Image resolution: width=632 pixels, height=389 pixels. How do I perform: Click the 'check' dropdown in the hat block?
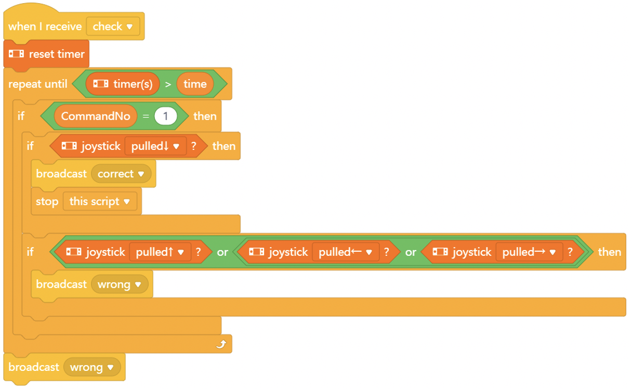(113, 27)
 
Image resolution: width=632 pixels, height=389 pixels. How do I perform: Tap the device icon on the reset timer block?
(16, 54)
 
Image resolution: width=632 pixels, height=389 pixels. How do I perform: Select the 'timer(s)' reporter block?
(123, 84)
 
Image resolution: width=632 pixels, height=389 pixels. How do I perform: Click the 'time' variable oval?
(195, 84)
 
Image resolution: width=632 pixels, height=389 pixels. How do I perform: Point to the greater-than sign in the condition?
(168, 84)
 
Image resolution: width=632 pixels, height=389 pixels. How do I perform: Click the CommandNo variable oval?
(95, 116)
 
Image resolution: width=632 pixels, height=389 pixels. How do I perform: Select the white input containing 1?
(166, 116)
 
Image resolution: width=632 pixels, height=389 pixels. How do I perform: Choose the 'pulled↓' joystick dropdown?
(155, 146)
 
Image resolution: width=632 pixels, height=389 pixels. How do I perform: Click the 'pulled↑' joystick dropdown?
(160, 252)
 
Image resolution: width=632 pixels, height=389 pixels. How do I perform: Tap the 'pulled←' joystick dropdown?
(346, 252)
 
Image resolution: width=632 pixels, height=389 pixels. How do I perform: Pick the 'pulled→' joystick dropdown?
(529, 252)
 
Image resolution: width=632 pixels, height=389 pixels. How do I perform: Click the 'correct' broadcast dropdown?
(121, 174)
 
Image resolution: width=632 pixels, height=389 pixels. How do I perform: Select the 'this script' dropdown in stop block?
(100, 201)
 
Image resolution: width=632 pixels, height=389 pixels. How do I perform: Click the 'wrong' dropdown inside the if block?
(120, 284)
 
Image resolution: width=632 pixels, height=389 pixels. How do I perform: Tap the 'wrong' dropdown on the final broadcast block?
(92, 367)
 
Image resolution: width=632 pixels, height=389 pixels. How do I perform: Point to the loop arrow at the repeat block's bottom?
(221, 344)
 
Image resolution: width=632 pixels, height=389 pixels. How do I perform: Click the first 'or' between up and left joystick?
(222, 252)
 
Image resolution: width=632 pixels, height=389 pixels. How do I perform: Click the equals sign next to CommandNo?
(146, 116)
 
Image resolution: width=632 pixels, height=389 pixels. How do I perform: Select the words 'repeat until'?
(38, 84)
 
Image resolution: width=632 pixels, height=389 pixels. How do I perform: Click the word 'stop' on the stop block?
(47, 202)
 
